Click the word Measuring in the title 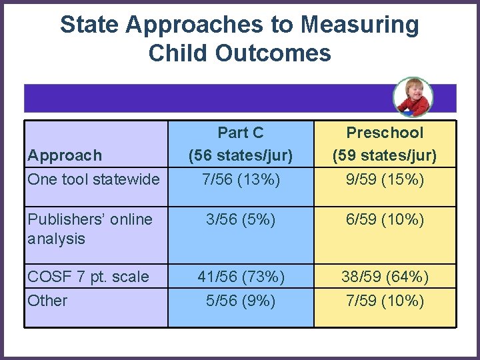pos(359,25)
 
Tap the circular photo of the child pos(413,97)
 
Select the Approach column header pos(65,155)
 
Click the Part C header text pos(241,133)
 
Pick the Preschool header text pos(385,133)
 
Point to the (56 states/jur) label pos(241,156)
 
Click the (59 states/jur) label pos(385,156)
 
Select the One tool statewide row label pos(93,179)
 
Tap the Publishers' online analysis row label pos(90,229)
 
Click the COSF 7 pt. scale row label pos(88,277)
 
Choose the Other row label pos(47,301)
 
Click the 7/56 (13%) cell pos(241,179)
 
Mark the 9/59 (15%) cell pos(385,179)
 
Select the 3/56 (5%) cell pos(241,219)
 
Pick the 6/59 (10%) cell pos(385,219)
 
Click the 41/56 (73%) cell pos(241,277)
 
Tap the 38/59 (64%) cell pos(385,277)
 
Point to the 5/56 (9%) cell pos(241,301)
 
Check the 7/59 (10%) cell pos(385,301)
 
